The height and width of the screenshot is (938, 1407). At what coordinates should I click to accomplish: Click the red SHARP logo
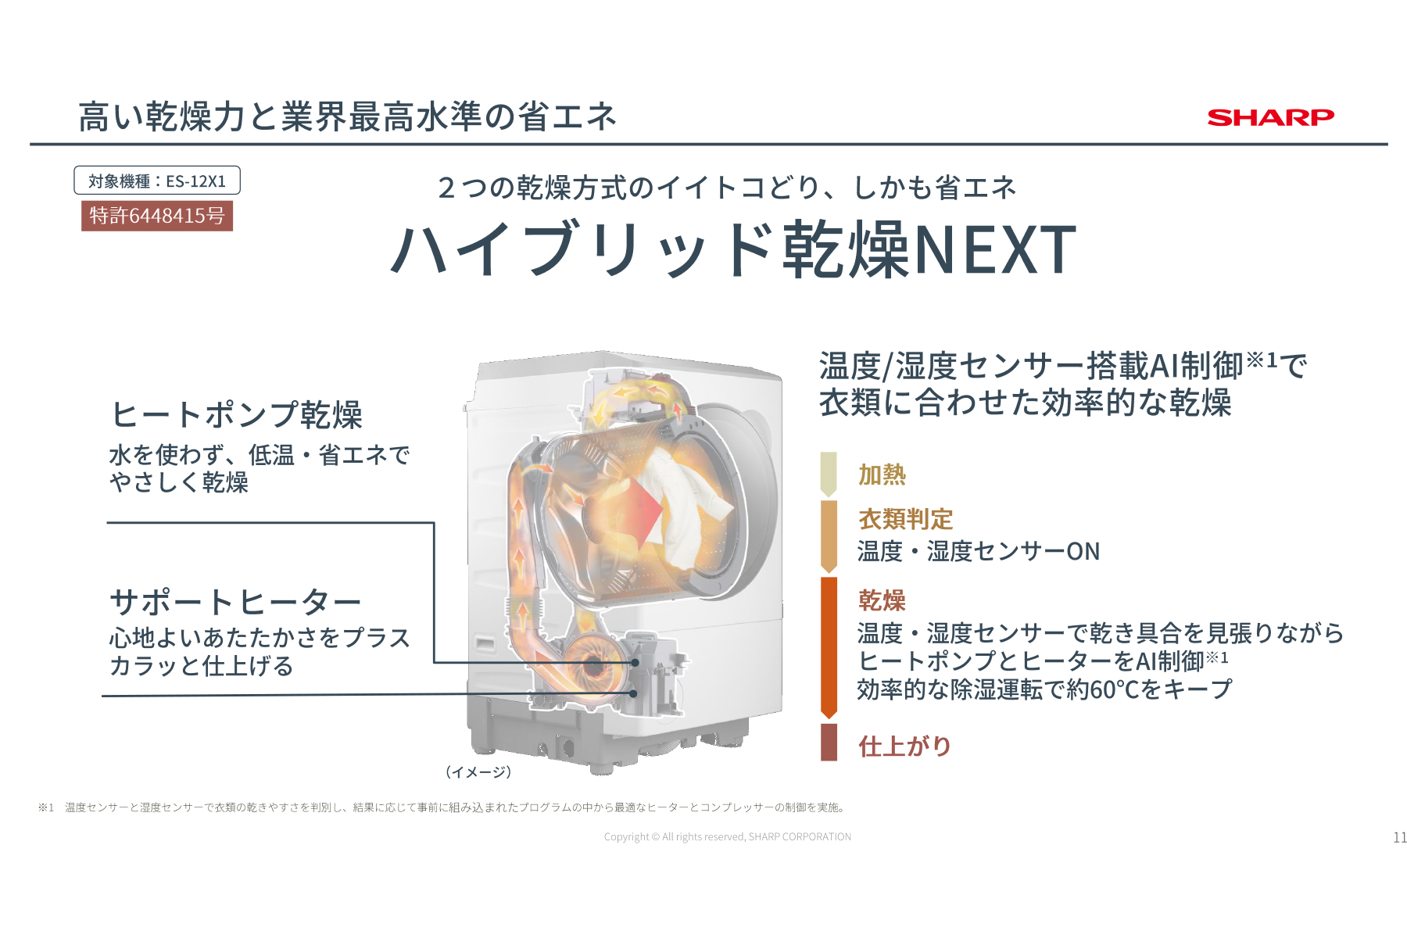[1270, 117]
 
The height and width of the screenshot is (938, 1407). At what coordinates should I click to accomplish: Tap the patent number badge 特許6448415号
[157, 216]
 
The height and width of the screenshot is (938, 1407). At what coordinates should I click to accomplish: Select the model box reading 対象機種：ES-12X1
[157, 181]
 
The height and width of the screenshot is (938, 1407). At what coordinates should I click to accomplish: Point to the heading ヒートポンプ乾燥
[237, 414]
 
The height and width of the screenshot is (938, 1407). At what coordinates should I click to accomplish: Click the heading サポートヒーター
[235, 602]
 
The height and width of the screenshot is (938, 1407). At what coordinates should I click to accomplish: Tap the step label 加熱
[882, 474]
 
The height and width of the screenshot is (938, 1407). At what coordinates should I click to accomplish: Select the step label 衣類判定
[905, 519]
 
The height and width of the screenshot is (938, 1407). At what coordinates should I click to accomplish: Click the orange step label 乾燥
[882, 600]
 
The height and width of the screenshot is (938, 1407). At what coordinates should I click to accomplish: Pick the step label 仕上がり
[904, 746]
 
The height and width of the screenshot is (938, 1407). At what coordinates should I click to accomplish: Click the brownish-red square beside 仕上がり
[829, 743]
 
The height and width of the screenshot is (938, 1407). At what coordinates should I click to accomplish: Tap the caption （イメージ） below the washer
[478, 772]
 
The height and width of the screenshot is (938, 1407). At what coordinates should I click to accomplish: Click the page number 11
[1399, 837]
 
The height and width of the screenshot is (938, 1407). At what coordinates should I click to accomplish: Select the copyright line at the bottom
[727, 836]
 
